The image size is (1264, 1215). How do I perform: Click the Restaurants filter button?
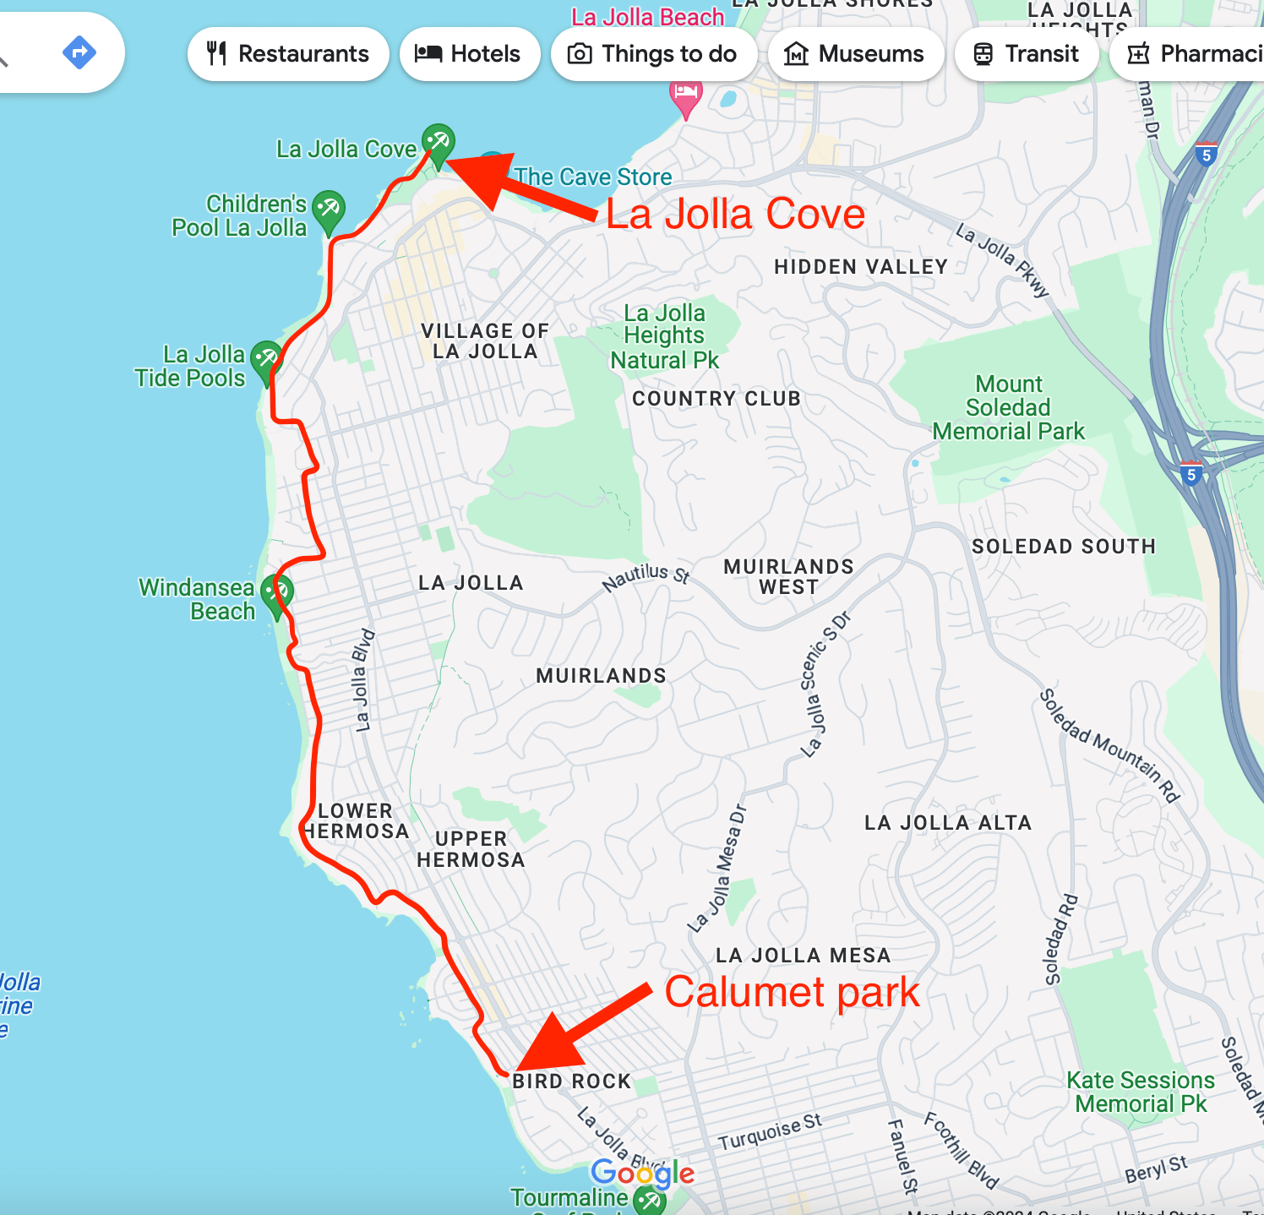[288, 54]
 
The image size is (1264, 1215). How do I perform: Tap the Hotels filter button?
[469, 54]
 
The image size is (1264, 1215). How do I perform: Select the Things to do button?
[653, 54]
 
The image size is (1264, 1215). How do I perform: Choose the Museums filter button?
[855, 54]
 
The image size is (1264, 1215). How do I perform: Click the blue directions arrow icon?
[79, 52]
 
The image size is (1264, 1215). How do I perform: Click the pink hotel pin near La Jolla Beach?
[685, 95]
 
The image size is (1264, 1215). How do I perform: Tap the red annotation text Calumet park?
[792, 992]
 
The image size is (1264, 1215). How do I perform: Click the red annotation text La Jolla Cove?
[735, 214]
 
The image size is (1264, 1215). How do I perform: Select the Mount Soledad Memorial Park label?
[1008, 408]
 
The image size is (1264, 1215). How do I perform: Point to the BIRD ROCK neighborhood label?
[572, 1082]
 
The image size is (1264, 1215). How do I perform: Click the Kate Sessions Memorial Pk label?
[1141, 1092]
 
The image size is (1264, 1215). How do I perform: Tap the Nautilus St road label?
[646, 577]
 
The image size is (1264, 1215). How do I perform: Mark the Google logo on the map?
[642, 1173]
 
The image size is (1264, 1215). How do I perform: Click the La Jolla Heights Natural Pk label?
[664, 336]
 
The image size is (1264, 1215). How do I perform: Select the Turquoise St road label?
[770, 1131]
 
